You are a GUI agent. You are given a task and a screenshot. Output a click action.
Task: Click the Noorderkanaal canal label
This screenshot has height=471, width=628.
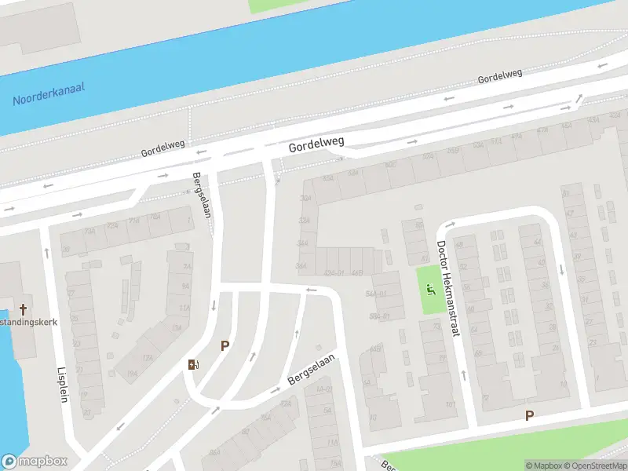pos(49,95)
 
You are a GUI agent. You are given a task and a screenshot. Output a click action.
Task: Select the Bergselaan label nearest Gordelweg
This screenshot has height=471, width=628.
pos(203,196)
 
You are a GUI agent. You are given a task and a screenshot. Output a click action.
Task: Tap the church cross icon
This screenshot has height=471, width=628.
pos(24,309)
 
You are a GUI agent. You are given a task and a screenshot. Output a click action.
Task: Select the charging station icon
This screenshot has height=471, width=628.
pos(193,363)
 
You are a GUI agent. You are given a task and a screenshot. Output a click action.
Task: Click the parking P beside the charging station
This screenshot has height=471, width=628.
pos(225,345)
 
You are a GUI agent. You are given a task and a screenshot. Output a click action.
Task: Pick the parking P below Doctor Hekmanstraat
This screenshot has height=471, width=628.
pos(529,416)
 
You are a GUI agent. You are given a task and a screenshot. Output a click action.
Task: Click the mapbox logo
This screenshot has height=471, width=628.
pos(34,462)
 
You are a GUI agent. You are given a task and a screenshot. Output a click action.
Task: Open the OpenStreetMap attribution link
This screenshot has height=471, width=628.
pos(592,466)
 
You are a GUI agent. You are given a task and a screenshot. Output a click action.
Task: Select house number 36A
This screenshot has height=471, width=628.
pos(301,267)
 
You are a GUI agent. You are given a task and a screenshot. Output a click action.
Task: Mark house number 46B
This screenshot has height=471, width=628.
pos(358,273)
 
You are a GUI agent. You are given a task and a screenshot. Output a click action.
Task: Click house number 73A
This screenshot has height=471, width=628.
pos(90,231)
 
